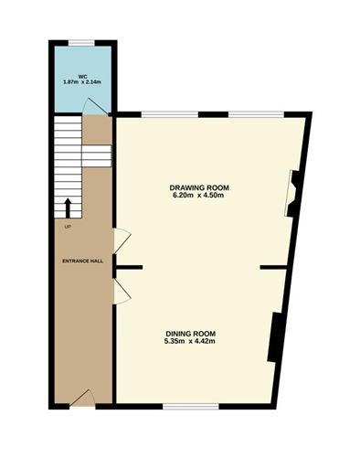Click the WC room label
tap(82, 75)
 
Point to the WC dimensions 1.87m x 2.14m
tap(82, 82)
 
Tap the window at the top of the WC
tap(82, 41)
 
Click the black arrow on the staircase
tap(68, 207)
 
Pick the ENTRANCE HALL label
tap(82, 261)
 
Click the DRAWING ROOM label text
tap(197, 187)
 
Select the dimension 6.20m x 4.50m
tap(197, 196)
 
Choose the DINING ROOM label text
tap(191, 334)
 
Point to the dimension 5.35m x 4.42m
tap(191, 342)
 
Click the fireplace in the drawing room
tap(292, 192)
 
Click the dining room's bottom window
tap(189, 404)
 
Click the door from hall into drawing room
tap(120, 241)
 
